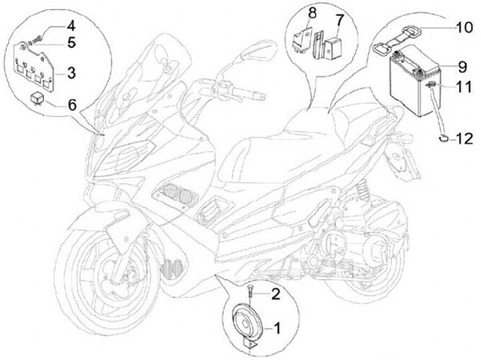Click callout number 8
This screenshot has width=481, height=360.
pos(312,13)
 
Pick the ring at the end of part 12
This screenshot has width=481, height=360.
pos(442,139)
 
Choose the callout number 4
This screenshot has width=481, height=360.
pos(71,27)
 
